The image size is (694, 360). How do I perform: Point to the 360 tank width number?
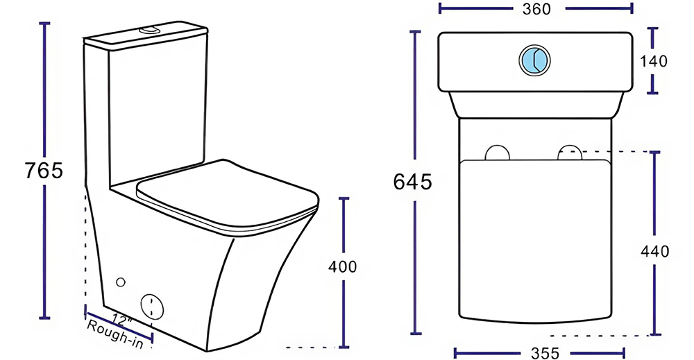pyautogui.click(x=536, y=9)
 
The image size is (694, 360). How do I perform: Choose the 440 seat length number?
pyautogui.click(x=654, y=252)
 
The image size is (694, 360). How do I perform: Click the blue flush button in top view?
pyautogui.click(x=534, y=59)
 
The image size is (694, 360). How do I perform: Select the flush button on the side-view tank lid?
pyautogui.click(x=149, y=30)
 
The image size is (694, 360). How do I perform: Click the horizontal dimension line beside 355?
pyautogui.click(x=486, y=352)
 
